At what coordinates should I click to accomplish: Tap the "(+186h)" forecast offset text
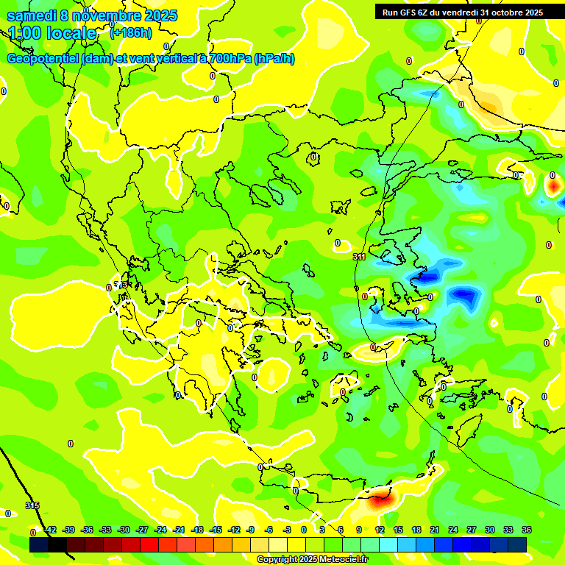point(130,32)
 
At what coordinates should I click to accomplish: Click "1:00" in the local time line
point(25,33)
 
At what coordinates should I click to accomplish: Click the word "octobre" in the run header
point(505,12)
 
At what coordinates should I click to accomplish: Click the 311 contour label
point(359,257)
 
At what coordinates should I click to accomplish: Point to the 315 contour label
point(32,505)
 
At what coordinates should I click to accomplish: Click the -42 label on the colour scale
point(50,530)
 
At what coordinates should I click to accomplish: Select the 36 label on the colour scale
point(527,530)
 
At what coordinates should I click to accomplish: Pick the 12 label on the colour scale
point(379,530)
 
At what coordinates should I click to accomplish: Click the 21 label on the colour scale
point(434,530)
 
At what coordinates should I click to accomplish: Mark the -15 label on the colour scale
point(216,530)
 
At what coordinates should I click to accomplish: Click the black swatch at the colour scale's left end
point(39,544)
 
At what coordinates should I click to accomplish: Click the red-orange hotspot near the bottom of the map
point(378,501)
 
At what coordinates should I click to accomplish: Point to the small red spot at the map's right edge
point(552,187)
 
